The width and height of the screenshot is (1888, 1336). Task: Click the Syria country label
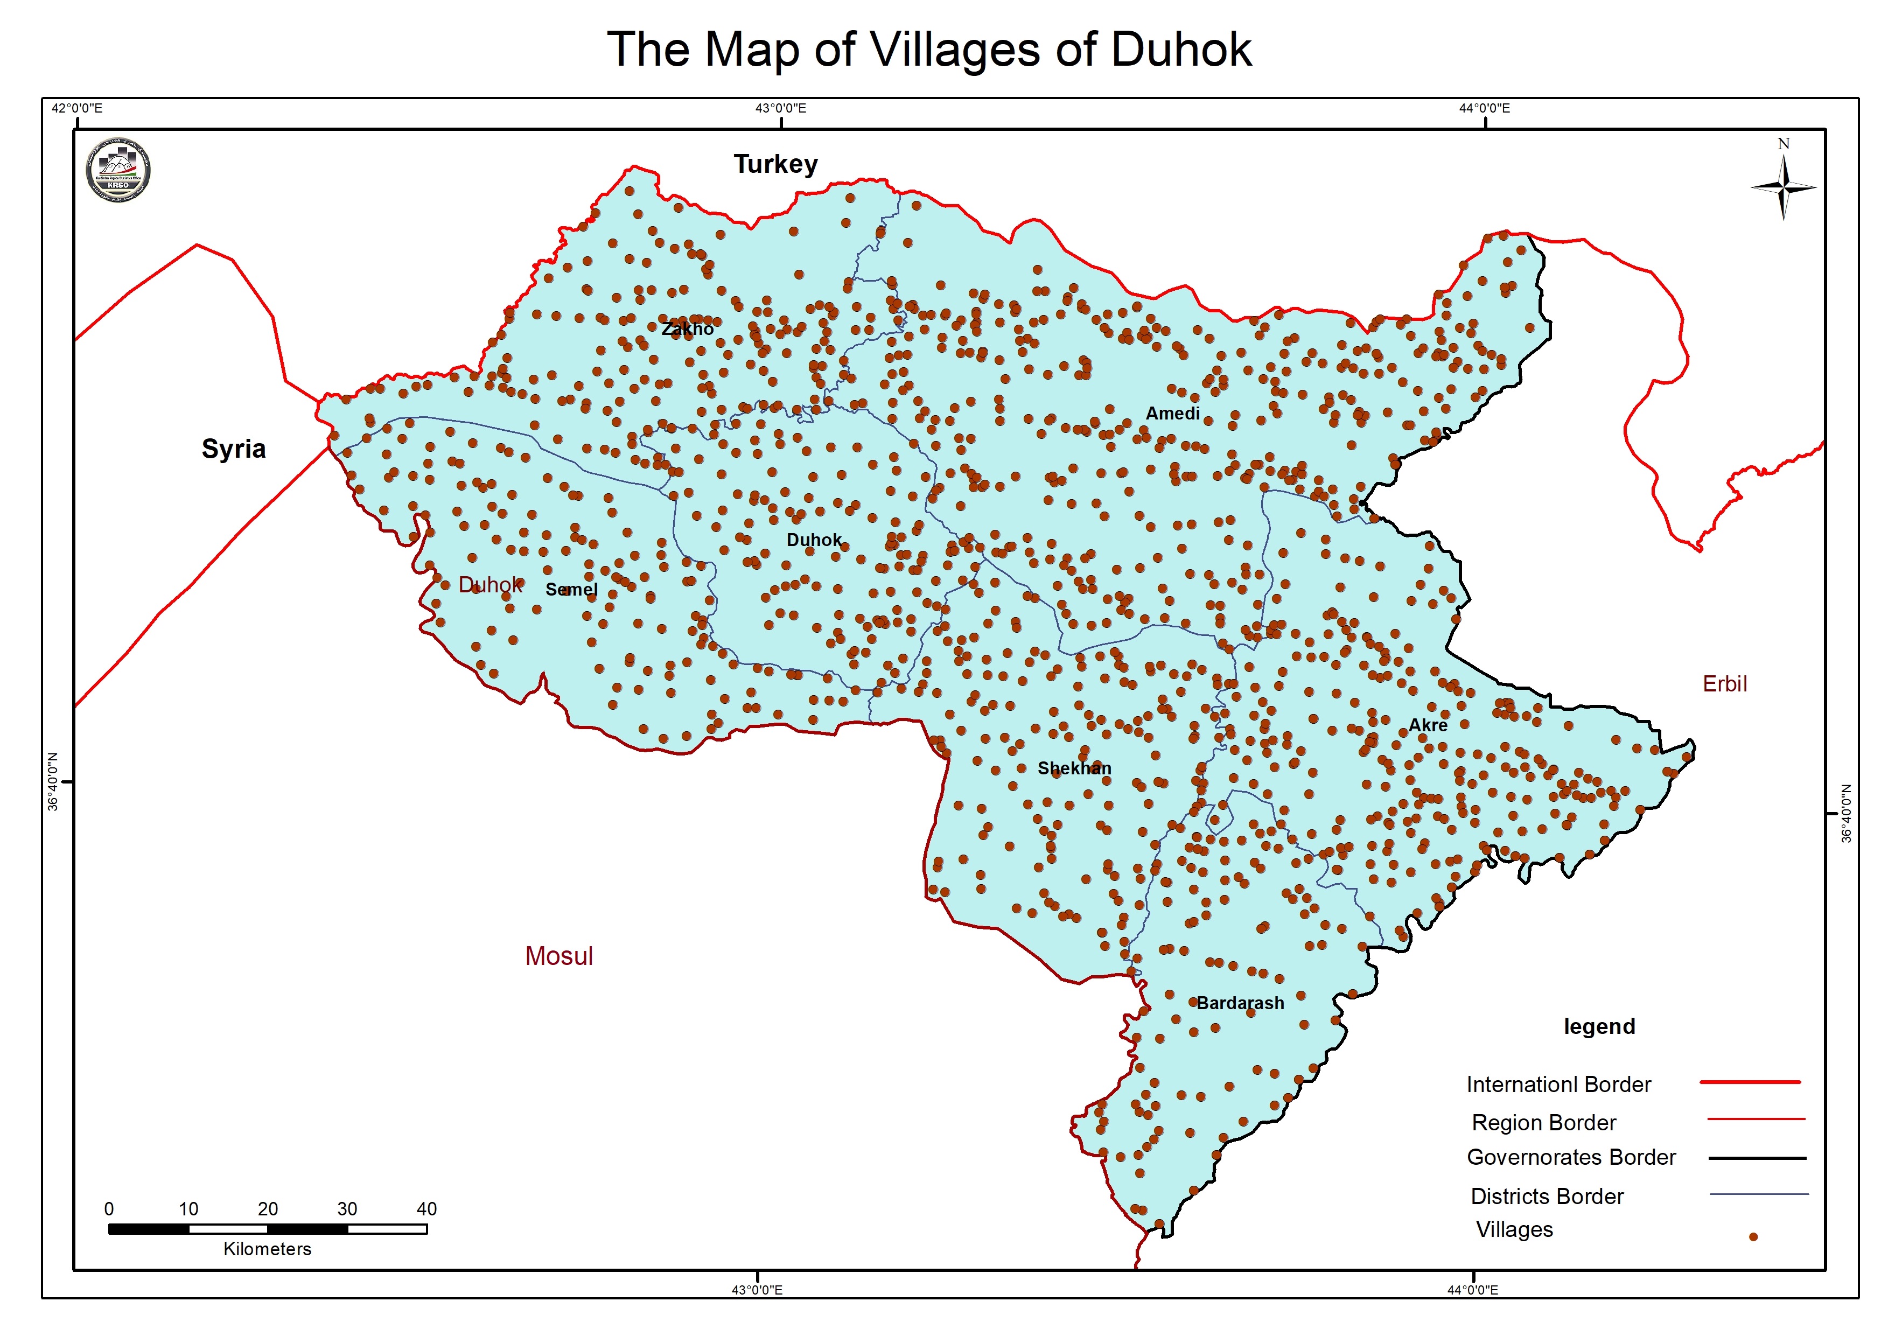pos(234,449)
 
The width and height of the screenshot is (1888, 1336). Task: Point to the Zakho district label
pos(688,329)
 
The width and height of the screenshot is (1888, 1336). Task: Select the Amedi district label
pos(1172,413)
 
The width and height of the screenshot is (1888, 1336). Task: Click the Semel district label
pos(571,589)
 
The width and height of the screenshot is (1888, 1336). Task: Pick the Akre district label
pos(1428,725)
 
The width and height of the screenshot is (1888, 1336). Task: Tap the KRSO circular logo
pos(118,170)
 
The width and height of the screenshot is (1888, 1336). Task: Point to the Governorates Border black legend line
pos(1757,1158)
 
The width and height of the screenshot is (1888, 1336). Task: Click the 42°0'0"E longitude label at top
pos(76,108)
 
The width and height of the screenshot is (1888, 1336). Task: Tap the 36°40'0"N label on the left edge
pos(53,781)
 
